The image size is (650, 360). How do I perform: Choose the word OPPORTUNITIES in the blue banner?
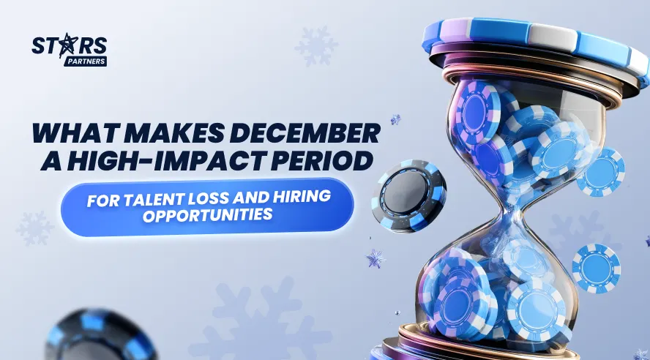(207, 215)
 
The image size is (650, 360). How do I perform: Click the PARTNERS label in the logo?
(86, 61)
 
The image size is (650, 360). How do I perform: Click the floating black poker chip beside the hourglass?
(408, 195)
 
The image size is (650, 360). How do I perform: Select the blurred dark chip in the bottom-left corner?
(100, 336)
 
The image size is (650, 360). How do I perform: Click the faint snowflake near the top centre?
(316, 46)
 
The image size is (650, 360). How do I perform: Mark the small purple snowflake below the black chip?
(376, 258)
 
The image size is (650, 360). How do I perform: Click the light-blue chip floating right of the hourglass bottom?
(596, 269)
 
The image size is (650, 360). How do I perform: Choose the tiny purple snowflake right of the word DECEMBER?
(395, 120)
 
